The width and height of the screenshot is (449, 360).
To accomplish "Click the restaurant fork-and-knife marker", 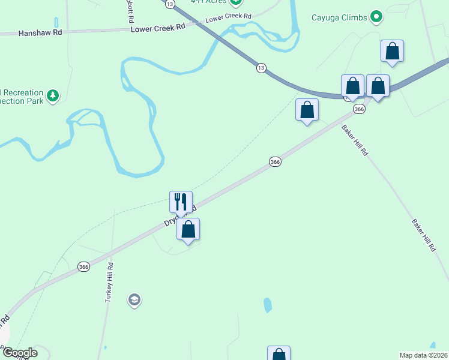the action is click(x=181, y=202).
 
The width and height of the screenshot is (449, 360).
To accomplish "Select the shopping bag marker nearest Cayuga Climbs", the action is click(x=392, y=52).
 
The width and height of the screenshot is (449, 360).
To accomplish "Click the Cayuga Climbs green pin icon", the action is click(x=376, y=17).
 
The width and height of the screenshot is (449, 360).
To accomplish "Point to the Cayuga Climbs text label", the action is click(x=339, y=17).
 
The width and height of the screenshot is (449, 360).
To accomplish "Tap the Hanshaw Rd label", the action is click(x=40, y=33).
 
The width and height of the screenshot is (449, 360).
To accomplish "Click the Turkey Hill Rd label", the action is click(x=109, y=282).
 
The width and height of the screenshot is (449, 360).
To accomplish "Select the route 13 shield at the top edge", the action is click(x=170, y=4).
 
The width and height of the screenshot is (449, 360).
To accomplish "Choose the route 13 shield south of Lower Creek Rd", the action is click(x=261, y=68).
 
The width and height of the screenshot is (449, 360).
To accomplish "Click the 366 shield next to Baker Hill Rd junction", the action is click(x=359, y=109).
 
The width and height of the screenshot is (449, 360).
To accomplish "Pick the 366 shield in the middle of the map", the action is click(x=275, y=161).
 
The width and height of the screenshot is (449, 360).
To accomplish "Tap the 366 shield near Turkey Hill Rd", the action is click(x=83, y=266).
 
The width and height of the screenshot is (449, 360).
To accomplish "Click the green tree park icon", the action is click(x=53, y=95).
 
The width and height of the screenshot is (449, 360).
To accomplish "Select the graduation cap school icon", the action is click(x=134, y=299).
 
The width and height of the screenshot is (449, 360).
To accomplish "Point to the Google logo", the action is click(x=19, y=353).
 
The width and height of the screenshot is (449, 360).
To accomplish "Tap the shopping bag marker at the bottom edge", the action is click(x=279, y=354).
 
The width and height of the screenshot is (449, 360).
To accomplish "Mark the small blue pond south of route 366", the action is click(x=267, y=305).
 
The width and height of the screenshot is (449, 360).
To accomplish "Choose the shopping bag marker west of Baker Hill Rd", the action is click(x=307, y=110).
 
